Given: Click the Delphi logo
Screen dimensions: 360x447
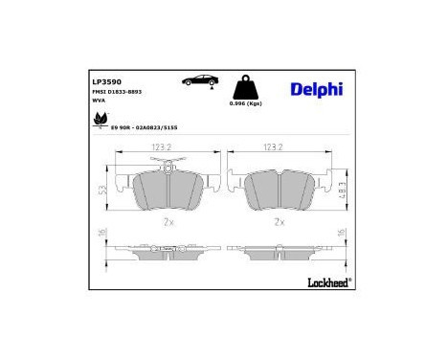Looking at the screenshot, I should (315, 89).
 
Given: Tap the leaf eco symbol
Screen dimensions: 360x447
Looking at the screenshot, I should (98, 119).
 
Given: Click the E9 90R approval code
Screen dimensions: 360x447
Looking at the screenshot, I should (144, 127).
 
